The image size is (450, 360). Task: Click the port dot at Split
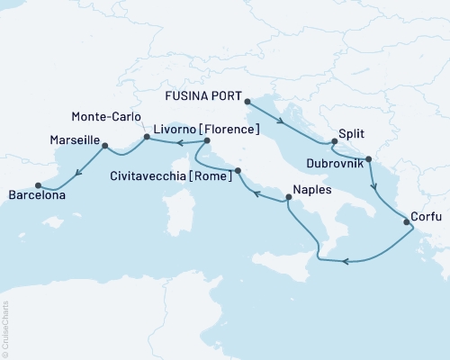click(x=334, y=141)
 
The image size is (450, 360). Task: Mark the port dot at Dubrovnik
click(x=369, y=158)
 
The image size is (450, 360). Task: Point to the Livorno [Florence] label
click(x=206, y=130)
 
